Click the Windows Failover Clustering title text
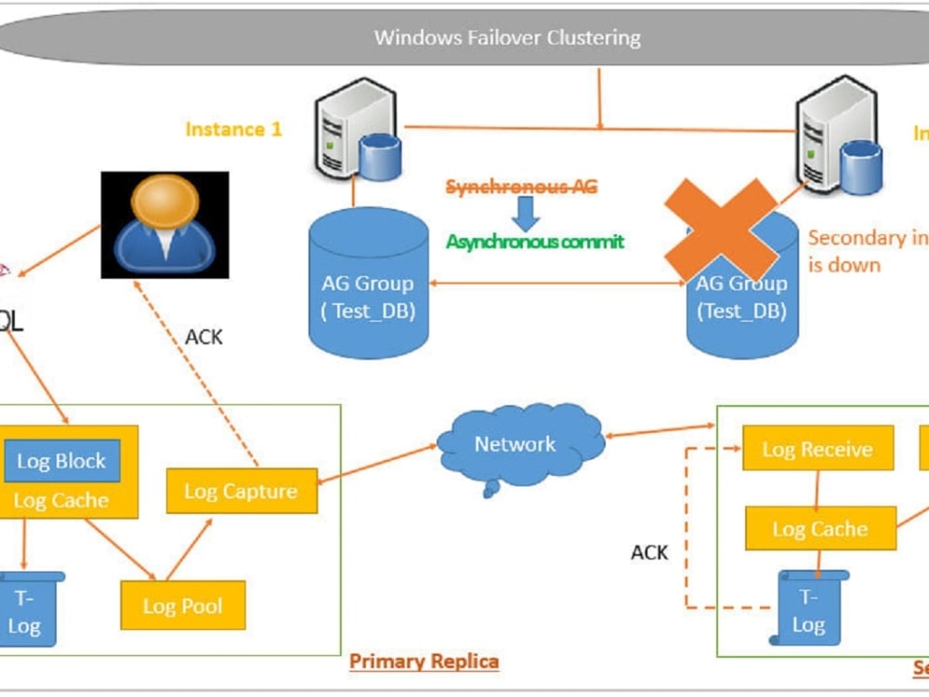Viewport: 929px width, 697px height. (507, 38)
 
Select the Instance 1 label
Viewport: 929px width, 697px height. (233, 129)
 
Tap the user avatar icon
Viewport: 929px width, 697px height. (164, 224)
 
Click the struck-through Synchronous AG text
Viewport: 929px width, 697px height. (521, 187)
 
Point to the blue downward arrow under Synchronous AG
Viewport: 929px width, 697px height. (527, 214)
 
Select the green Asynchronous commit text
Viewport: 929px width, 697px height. (535, 242)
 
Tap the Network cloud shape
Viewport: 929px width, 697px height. (516, 445)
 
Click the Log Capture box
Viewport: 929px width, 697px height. (242, 491)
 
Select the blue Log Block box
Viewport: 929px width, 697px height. (61, 461)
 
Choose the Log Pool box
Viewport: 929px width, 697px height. (183, 606)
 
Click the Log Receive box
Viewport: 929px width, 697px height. (818, 450)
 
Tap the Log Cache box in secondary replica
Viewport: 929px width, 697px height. (820, 529)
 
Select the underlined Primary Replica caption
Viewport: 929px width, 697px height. (424, 662)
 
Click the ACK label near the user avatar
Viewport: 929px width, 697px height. (203, 336)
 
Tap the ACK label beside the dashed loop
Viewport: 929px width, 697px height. (649, 552)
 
